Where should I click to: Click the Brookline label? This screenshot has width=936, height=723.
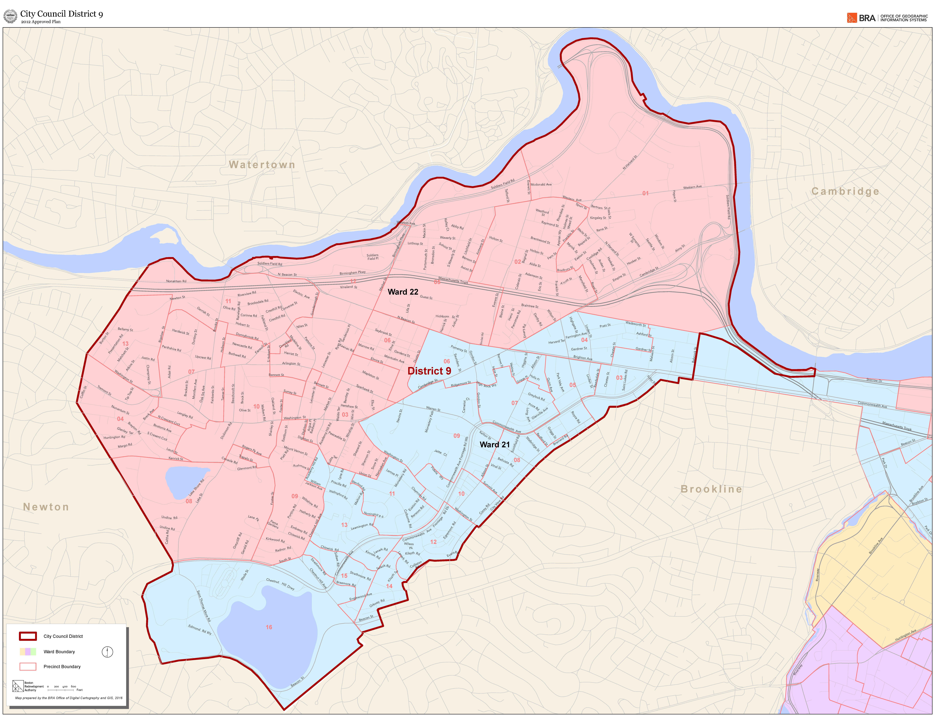[x=711, y=489]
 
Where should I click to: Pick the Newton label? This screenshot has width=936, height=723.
[x=46, y=507]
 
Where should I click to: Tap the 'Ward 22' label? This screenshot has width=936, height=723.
[x=403, y=292]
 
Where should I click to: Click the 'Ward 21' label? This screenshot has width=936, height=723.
[x=495, y=444]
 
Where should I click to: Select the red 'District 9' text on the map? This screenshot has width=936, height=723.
[x=429, y=371]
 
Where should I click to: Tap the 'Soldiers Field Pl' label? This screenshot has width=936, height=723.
[x=372, y=257]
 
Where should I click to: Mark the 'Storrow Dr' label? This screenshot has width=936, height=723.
[x=874, y=380]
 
